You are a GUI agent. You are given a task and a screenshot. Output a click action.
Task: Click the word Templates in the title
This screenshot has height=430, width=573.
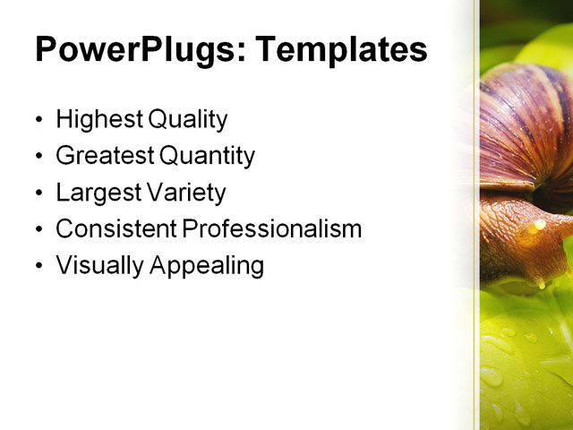pos(340,50)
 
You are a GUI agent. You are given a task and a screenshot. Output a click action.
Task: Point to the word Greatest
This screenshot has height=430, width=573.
pos(103,156)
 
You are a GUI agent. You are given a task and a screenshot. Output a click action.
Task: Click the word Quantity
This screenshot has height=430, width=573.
pos(207,156)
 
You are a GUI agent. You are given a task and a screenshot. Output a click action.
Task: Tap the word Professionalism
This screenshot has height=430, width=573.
pos(272,229)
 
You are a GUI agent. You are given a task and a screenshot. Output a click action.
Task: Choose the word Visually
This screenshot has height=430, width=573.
pos(93,266)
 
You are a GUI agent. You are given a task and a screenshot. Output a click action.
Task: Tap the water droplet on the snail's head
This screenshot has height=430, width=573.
pos(537,226)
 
